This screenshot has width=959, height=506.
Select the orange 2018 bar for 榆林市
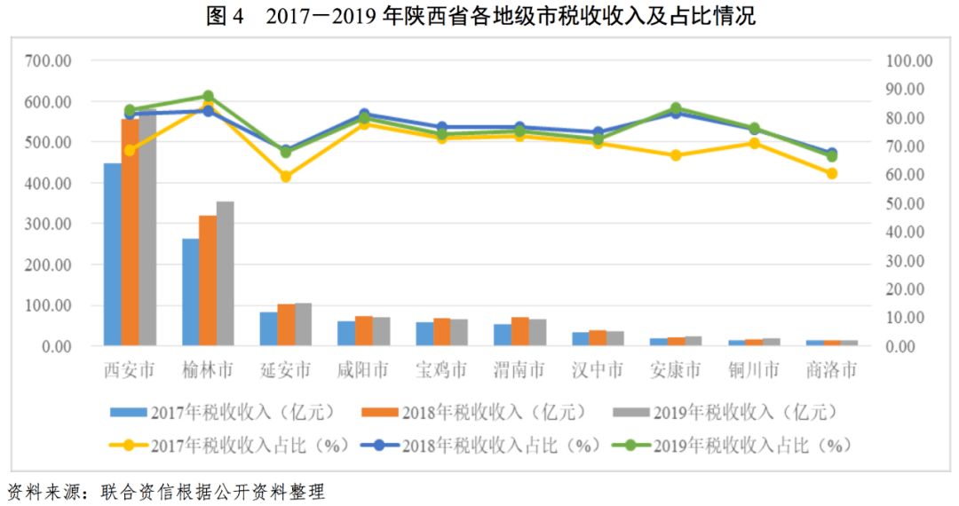[x=207, y=281]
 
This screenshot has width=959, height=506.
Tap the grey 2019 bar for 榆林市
[x=225, y=273]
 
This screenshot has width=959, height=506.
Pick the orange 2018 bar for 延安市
[x=286, y=325]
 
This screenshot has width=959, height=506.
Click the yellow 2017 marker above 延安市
[x=286, y=177]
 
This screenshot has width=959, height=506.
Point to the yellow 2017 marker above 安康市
[x=676, y=155]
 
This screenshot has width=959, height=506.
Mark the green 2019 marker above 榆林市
[x=208, y=96]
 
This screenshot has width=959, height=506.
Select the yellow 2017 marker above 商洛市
[x=832, y=173]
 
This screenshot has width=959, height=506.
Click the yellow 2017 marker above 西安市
[x=130, y=150]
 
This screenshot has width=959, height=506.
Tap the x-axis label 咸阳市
[x=363, y=369]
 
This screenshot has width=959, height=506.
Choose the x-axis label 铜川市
[x=753, y=369]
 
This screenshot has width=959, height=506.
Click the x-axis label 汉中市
[x=598, y=369]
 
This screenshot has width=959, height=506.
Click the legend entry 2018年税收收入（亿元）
[x=475, y=412]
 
